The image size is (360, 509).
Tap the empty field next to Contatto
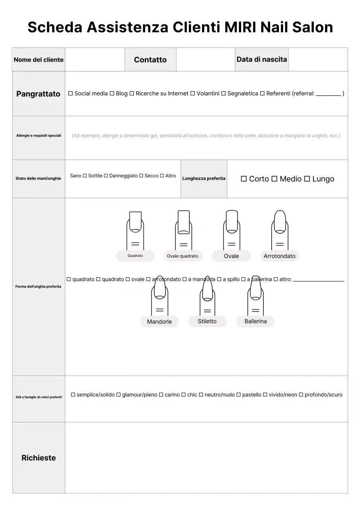205,60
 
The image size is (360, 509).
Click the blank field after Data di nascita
317,60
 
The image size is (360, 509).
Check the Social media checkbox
70,93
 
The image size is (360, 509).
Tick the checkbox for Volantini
193,93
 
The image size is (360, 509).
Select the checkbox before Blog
112,93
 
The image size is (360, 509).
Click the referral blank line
328,95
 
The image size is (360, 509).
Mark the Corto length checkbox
244,179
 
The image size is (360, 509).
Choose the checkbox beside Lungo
307,179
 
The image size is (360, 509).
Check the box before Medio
274,179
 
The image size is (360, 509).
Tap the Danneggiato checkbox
106,176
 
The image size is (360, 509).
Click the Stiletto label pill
207,321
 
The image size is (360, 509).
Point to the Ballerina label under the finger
255,321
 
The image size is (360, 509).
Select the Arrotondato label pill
279,256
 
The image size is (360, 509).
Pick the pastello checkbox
239,395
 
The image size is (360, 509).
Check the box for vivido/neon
265,395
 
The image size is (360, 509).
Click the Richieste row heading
39,458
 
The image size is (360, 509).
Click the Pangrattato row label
38,94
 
